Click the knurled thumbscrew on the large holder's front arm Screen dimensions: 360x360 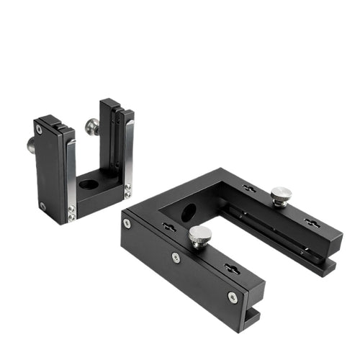[x=199, y=235]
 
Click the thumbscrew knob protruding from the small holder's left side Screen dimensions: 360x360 [x=32, y=145]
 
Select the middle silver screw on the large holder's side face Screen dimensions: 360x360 [x=176, y=257]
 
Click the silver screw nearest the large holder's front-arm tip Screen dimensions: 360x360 [x=232, y=296]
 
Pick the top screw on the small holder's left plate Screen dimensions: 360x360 [x=39, y=130]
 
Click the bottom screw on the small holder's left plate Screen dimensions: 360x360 [x=42, y=206]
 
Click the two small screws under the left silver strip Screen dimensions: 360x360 [x=71, y=213]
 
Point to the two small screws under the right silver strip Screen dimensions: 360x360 [x=127, y=192]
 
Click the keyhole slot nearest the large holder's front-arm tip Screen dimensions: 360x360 [x=232, y=269]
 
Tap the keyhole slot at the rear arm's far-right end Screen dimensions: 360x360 [x=312, y=223]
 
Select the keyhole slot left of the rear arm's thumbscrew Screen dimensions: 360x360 [x=248, y=189]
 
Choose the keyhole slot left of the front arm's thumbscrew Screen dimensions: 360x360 [x=169, y=227]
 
